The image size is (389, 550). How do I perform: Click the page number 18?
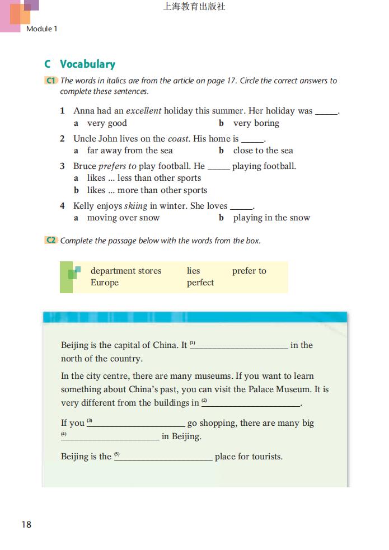(x=26, y=524)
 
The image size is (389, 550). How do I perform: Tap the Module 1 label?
(x=42, y=29)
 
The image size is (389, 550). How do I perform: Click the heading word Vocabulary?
(x=87, y=64)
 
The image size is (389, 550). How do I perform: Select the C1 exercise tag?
(x=50, y=81)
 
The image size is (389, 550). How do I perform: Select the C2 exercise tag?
(x=50, y=241)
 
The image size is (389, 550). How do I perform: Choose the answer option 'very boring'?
(x=256, y=123)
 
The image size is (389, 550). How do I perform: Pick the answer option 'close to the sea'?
(x=263, y=151)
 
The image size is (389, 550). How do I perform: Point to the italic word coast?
(x=179, y=138)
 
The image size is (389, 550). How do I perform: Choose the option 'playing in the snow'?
(x=271, y=218)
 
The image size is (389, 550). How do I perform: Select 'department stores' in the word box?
(x=126, y=271)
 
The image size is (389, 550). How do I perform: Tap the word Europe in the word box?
(x=105, y=283)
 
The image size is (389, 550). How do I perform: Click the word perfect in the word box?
(x=200, y=283)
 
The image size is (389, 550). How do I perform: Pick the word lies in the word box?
(x=193, y=271)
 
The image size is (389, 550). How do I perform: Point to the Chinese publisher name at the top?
(x=194, y=7)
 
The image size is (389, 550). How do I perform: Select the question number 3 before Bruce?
(x=63, y=166)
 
